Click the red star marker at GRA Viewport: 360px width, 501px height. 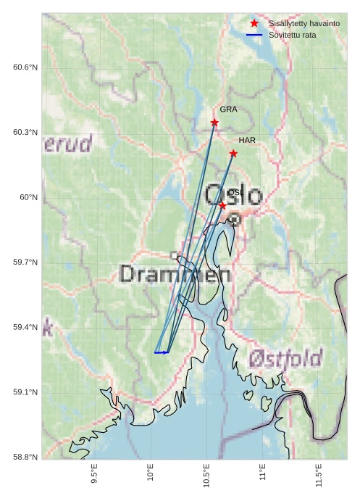pyautogui.click(x=214, y=123)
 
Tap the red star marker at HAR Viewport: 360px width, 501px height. pyautogui.click(x=233, y=153)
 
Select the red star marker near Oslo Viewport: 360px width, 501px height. pyautogui.click(x=222, y=205)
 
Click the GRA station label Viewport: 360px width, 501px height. pyautogui.click(x=228, y=109)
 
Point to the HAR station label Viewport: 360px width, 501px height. pyautogui.click(x=247, y=140)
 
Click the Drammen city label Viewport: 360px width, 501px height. pyautogui.click(x=175, y=274)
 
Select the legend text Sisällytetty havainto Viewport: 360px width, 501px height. pyautogui.click(x=304, y=24)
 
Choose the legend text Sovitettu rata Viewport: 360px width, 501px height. pyautogui.click(x=292, y=35)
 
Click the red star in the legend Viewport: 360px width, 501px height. pyautogui.click(x=254, y=24)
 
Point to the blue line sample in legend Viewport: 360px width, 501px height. pyautogui.click(x=254, y=35)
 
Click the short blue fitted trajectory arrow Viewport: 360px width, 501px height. pyautogui.click(x=162, y=352)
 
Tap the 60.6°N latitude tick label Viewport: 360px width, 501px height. pyautogui.click(x=25, y=67)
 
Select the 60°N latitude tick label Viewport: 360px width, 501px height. pyautogui.click(x=28, y=197)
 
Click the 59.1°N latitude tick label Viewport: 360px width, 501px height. pyautogui.click(x=25, y=392)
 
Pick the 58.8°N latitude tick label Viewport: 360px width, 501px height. pyautogui.click(x=25, y=457)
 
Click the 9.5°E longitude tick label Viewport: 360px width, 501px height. pyautogui.click(x=94, y=472)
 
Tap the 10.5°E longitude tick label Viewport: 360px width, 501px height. pyautogui.click(x=206, y=473)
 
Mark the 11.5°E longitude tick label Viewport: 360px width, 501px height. pyautogui.click(x=319, y=473)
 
